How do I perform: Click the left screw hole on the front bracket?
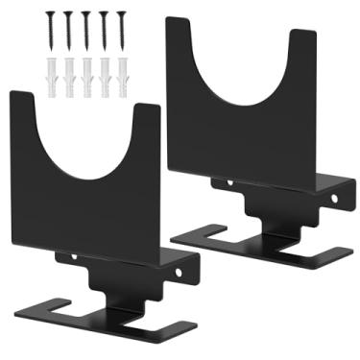click(x=75, y=257)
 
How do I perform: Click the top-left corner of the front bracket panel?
click(x=12, y=93)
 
